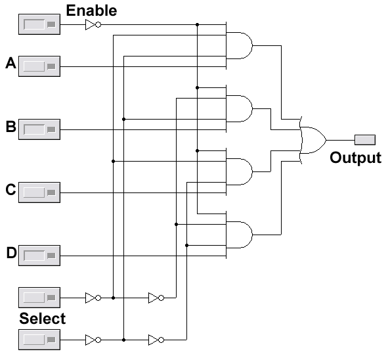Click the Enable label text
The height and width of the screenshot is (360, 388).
click(91, 11)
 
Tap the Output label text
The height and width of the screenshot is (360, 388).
click(355, 158)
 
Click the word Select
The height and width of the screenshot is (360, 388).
click(42, 319)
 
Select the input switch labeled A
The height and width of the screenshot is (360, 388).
click(39, 66)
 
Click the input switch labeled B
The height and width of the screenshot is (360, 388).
click(39, 129)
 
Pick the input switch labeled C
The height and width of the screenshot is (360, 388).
click(39, 192)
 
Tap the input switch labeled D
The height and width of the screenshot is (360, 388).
click(39, 256)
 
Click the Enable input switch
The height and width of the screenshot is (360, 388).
click(39, 24)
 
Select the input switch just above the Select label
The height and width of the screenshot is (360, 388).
click(39, 298)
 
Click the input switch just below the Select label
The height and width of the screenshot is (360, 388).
click(39, 340)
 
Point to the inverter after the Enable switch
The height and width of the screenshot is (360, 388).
click(93, 25)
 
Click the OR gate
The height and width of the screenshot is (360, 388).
click(313, 140)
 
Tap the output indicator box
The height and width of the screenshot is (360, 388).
click(365, 140)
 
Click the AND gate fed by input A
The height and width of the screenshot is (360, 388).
click(239, 45)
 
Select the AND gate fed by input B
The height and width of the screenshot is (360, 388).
click(239, 108)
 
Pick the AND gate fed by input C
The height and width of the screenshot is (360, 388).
click(239, 172)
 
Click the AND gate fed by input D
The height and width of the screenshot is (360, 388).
click(239, 235)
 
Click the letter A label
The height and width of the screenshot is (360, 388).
click(11, 63)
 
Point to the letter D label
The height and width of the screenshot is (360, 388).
click(11, 253)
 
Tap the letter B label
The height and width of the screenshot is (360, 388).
click(11, 126)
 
